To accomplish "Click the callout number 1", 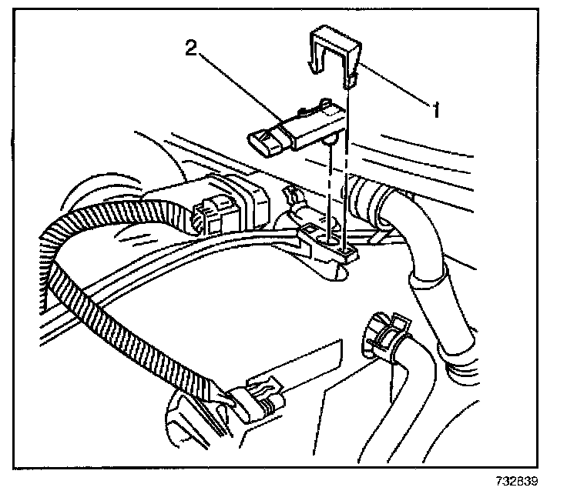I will click(435, 110).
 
